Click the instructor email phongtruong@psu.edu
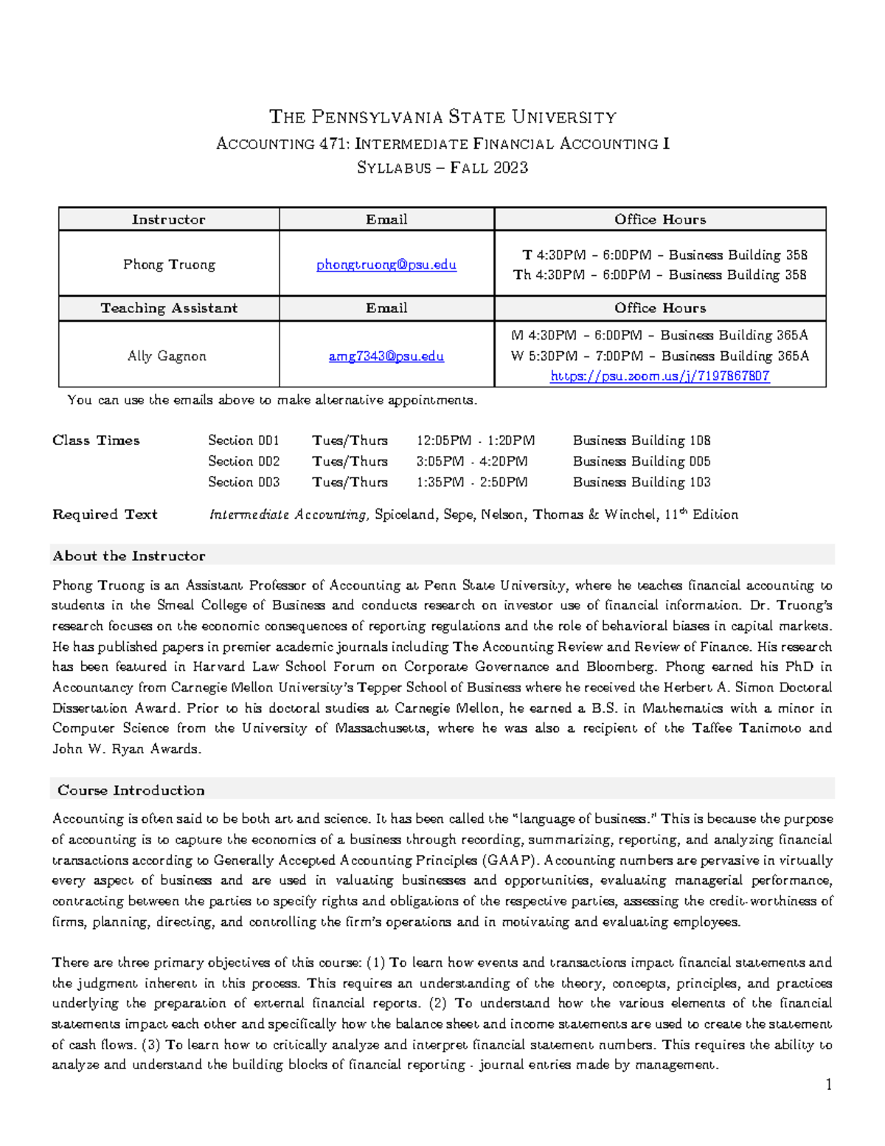tap(386, 265)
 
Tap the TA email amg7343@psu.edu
tap(386, 356)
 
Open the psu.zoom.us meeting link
tap(660, 376)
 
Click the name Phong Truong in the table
tap(169, 265)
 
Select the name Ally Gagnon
tap(167, 356)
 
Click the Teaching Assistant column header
tap(169, 308)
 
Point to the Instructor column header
tap(169, 220)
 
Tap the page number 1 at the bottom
tap(828, 1084)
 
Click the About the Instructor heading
tap(129, 556)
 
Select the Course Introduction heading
tap(131, 790)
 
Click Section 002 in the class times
tap(243, 461)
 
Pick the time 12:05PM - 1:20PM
tap(476, 441)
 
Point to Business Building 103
tap(642, 482)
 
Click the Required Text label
tap(105, 514)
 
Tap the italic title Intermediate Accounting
tap(288, 514)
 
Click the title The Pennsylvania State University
tap(442, 117)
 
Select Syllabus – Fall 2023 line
tap(442, 168)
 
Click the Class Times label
tap(96, 441)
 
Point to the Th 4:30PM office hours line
tap(660, 275)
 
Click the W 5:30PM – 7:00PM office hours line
tap(660, 356)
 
